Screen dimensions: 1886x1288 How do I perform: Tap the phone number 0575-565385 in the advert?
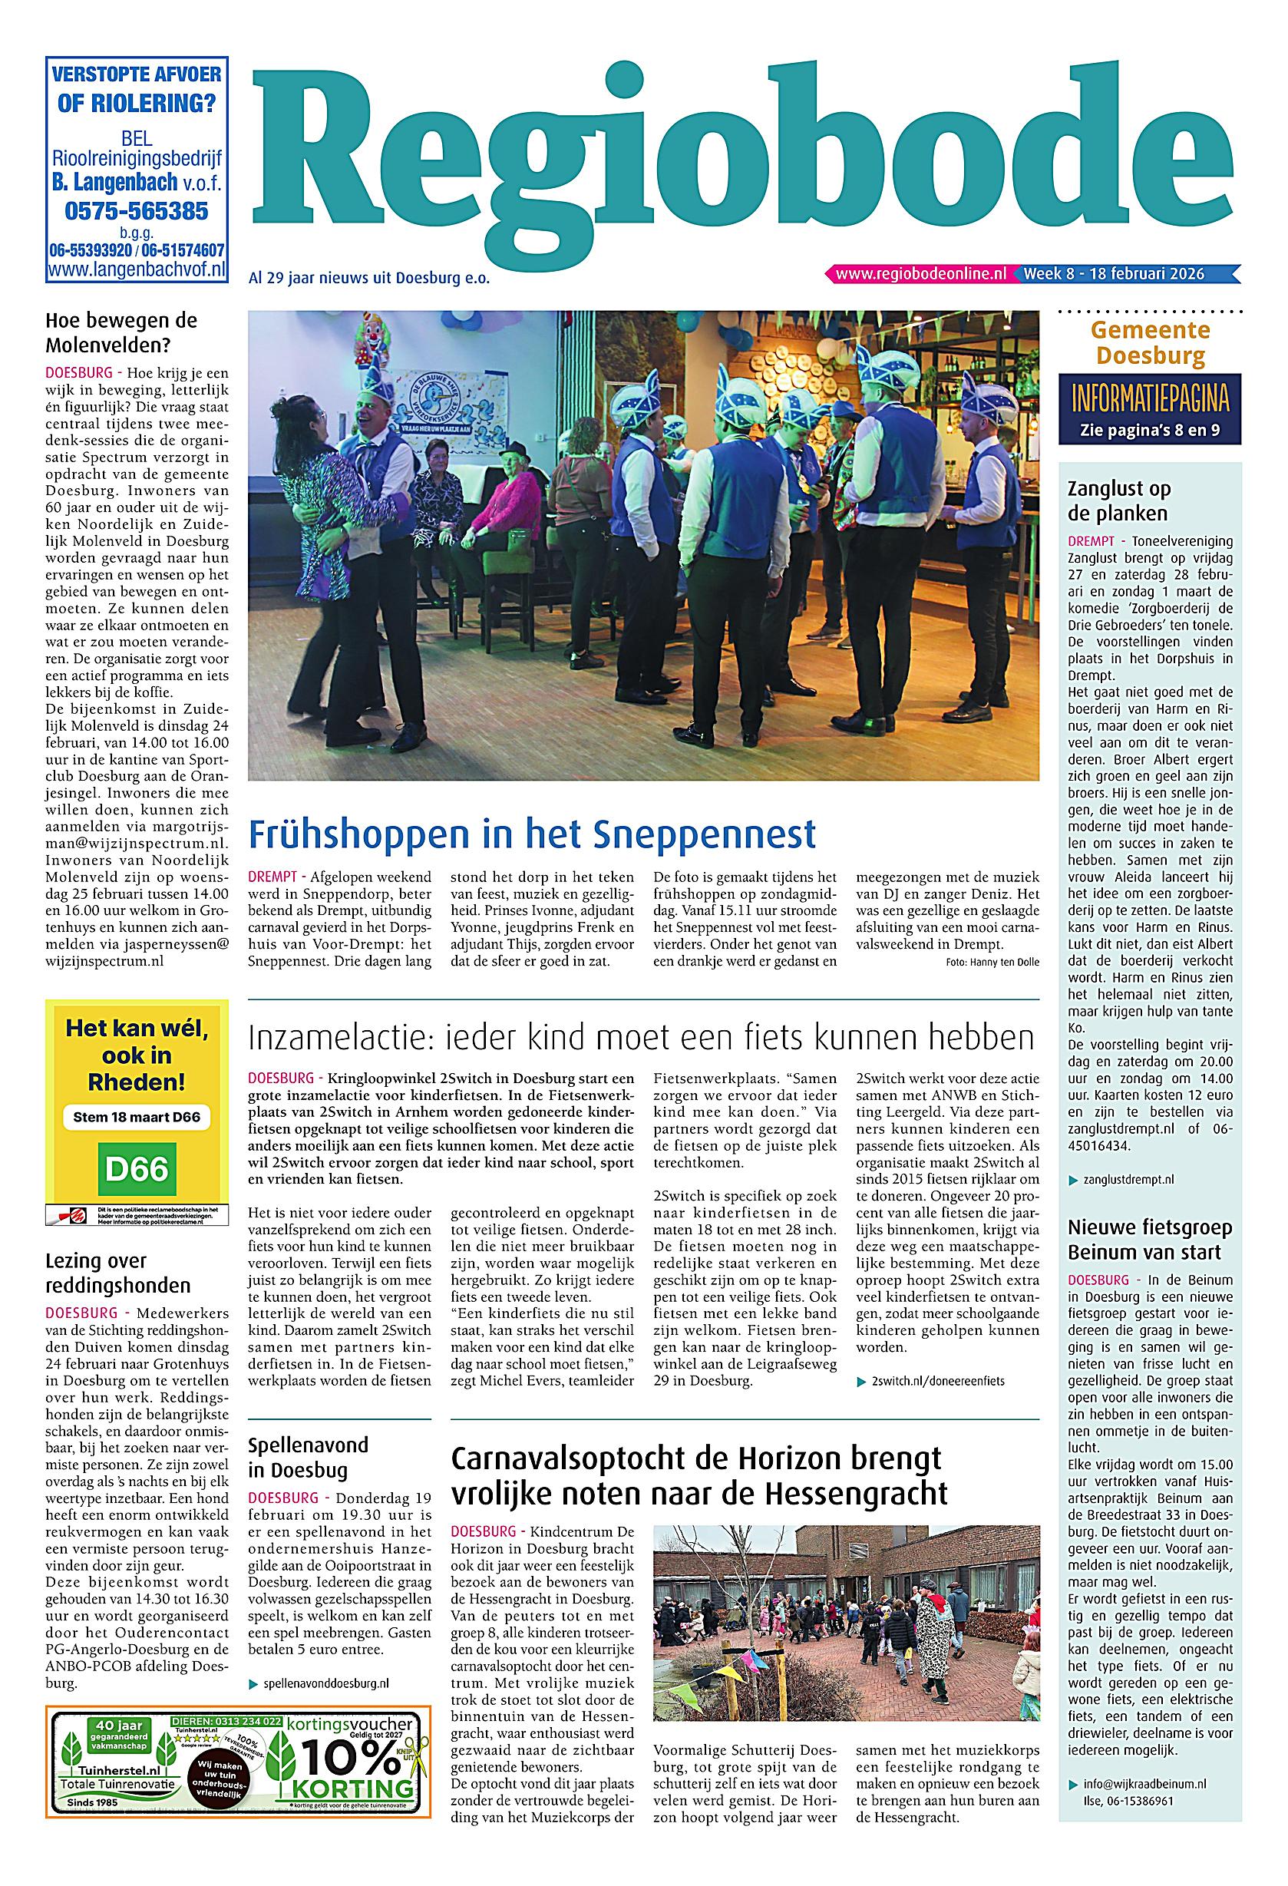coord(137,211)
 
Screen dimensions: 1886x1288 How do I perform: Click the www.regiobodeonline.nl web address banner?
coord(920,274)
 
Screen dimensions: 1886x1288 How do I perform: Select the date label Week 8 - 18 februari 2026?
coord(1114,274)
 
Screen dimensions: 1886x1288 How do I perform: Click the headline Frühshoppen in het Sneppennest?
coord(532,834)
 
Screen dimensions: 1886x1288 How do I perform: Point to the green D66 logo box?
coord(137,1169)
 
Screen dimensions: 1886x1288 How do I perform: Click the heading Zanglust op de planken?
coord(1118,500)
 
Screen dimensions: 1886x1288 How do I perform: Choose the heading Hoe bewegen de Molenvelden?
coord(122,332)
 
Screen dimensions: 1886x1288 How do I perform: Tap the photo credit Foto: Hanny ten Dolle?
coord(992,963)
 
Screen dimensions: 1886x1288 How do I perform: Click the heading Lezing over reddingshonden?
coord(117,1273)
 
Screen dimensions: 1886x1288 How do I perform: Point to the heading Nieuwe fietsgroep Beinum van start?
coord(1149,1239)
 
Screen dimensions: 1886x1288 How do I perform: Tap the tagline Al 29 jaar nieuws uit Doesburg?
coord(369,279)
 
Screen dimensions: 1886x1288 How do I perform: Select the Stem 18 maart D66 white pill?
coord(137,1117)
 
